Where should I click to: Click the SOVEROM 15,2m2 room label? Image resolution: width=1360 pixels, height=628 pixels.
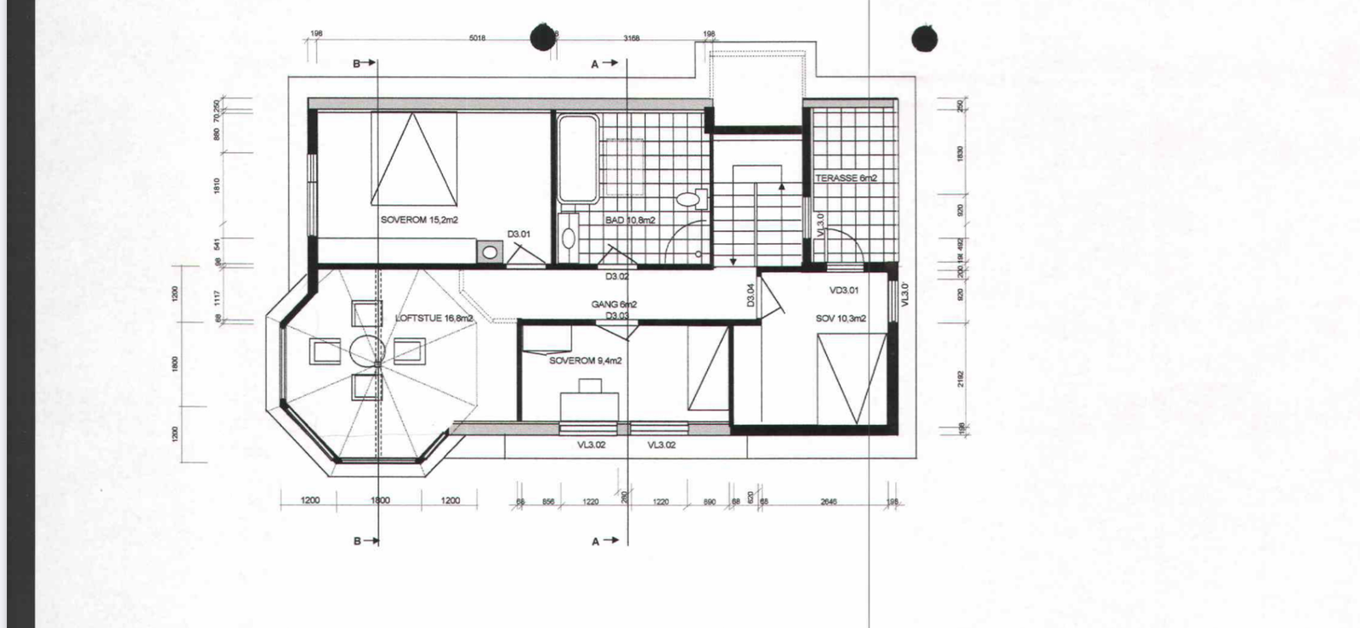coord(419,220)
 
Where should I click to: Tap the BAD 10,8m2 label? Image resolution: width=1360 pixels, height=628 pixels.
coord(630,220)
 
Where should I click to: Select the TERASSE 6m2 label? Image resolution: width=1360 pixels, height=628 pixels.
coord(846,178)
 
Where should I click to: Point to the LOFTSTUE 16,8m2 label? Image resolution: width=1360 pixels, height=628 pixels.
coord(433,319)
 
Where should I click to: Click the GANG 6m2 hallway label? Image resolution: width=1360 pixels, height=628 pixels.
coord(615,304)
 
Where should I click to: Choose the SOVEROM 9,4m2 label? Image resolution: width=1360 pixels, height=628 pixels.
coord(585,360)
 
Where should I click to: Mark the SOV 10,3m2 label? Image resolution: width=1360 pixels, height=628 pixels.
coord(841,319)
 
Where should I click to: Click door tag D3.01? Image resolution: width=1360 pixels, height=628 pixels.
coord(518,234)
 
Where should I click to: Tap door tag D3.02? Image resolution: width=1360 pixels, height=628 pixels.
coord(617,277)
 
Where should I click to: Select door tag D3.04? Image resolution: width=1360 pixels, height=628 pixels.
coord(751,295)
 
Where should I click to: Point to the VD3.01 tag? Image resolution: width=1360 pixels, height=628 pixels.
coord(844,290)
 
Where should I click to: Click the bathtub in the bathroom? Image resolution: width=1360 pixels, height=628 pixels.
coord(577,160)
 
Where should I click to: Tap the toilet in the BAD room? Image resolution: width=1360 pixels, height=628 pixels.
coord(690,200)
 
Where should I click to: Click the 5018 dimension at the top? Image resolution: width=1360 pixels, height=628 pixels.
coord(477,38)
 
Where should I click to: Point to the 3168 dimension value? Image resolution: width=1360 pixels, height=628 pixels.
coord(631,38)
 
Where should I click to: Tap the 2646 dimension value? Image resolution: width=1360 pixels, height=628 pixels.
coord(829,502)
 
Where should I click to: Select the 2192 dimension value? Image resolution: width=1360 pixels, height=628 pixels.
coord(960,379)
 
